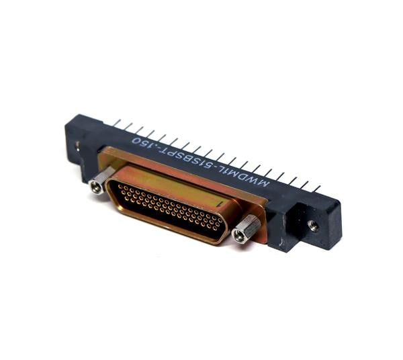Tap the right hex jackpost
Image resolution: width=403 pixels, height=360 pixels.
coord(245,230)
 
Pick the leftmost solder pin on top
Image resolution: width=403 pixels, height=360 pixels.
coord(117,123)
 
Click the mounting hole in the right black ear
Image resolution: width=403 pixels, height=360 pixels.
coord(313,226)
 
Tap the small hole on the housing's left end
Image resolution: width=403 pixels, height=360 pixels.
coord(78,144)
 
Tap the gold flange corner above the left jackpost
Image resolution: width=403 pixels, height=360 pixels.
coord(107,158)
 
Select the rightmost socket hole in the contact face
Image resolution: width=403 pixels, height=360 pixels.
coord(220,227)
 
